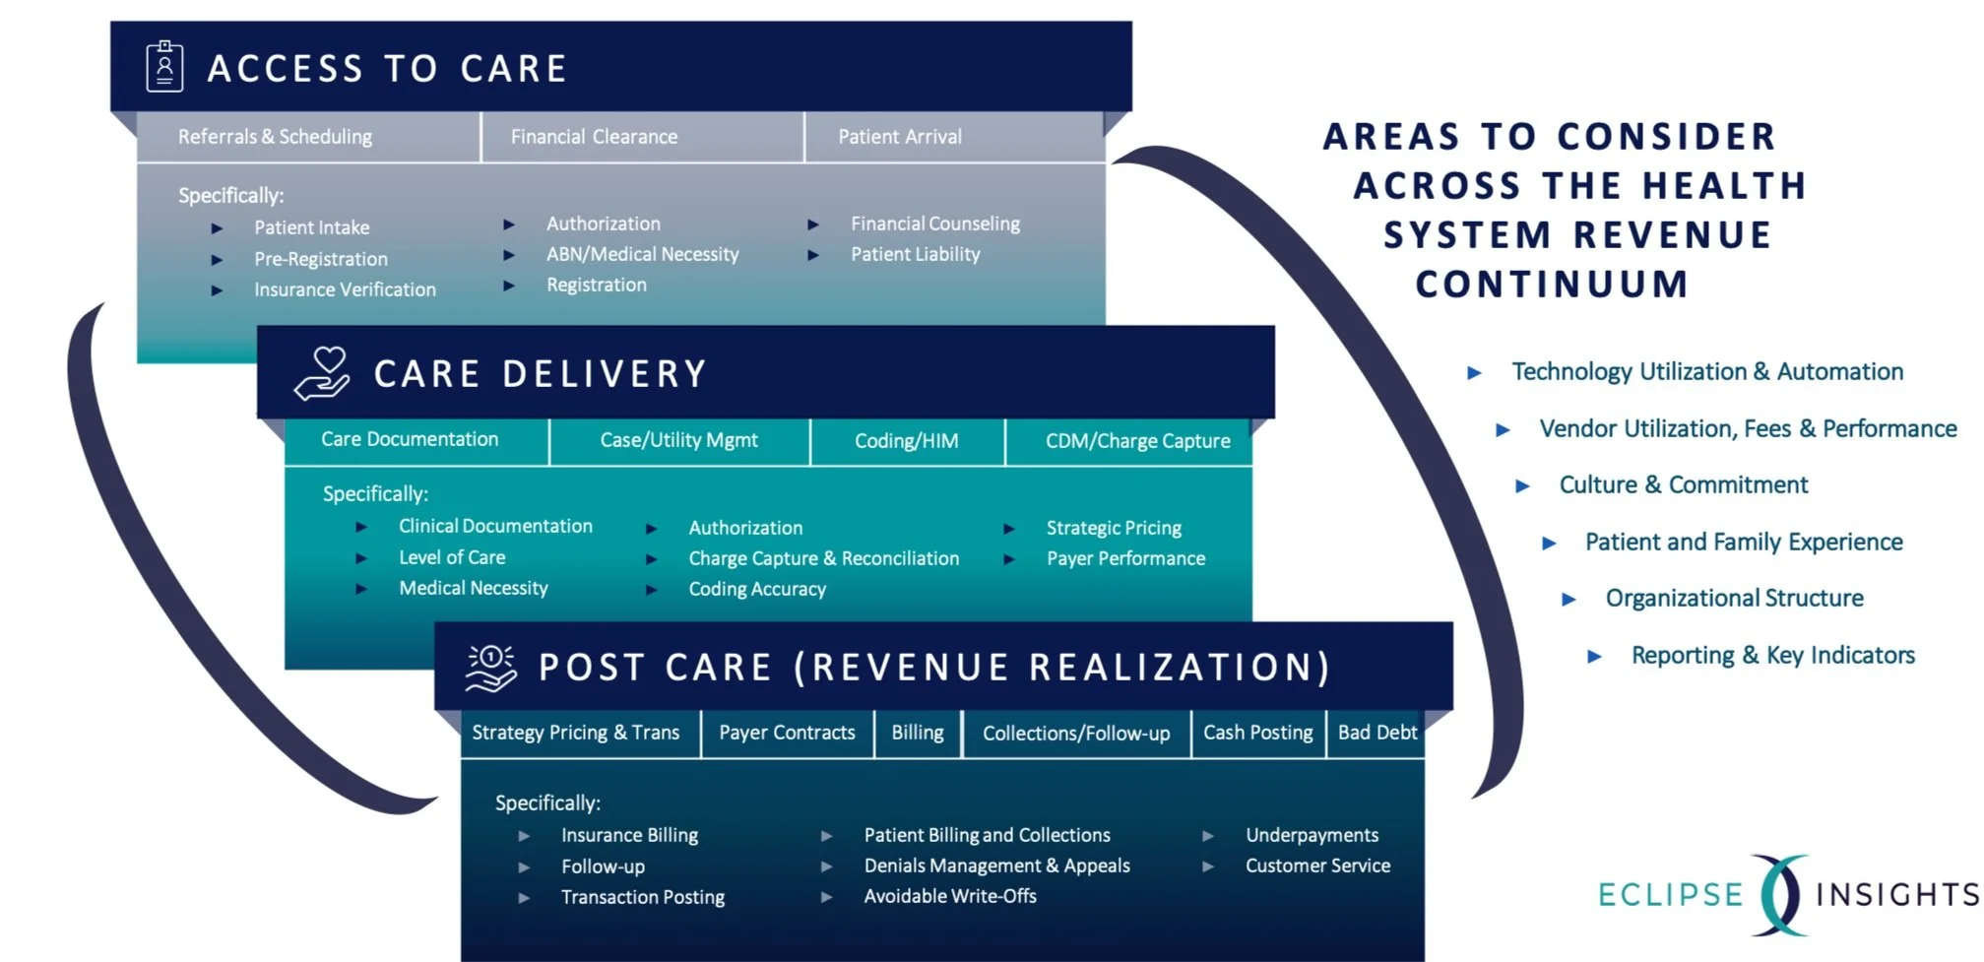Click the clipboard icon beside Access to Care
pos(164,67)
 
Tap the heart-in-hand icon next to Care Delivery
pos(322,373)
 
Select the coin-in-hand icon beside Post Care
pos(490,668)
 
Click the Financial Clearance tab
pos(594,137)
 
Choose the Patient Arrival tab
pos(899,137)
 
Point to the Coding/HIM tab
pos(906,441)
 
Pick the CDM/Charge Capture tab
pos(1137,441)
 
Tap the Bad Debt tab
pos(1376,733)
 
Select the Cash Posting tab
pos(1257,733)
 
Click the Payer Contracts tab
pos(787,733)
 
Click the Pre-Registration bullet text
pos(321,259)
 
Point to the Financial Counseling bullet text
pos(934,224)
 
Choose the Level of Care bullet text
pos(452,557)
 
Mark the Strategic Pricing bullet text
pos(1114,528)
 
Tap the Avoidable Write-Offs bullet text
pos(950,896)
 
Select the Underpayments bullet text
pos(1312,835)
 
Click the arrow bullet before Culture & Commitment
pos(1522,486)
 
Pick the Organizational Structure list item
pos(1734,599)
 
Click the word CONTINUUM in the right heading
pos(1552,285)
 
